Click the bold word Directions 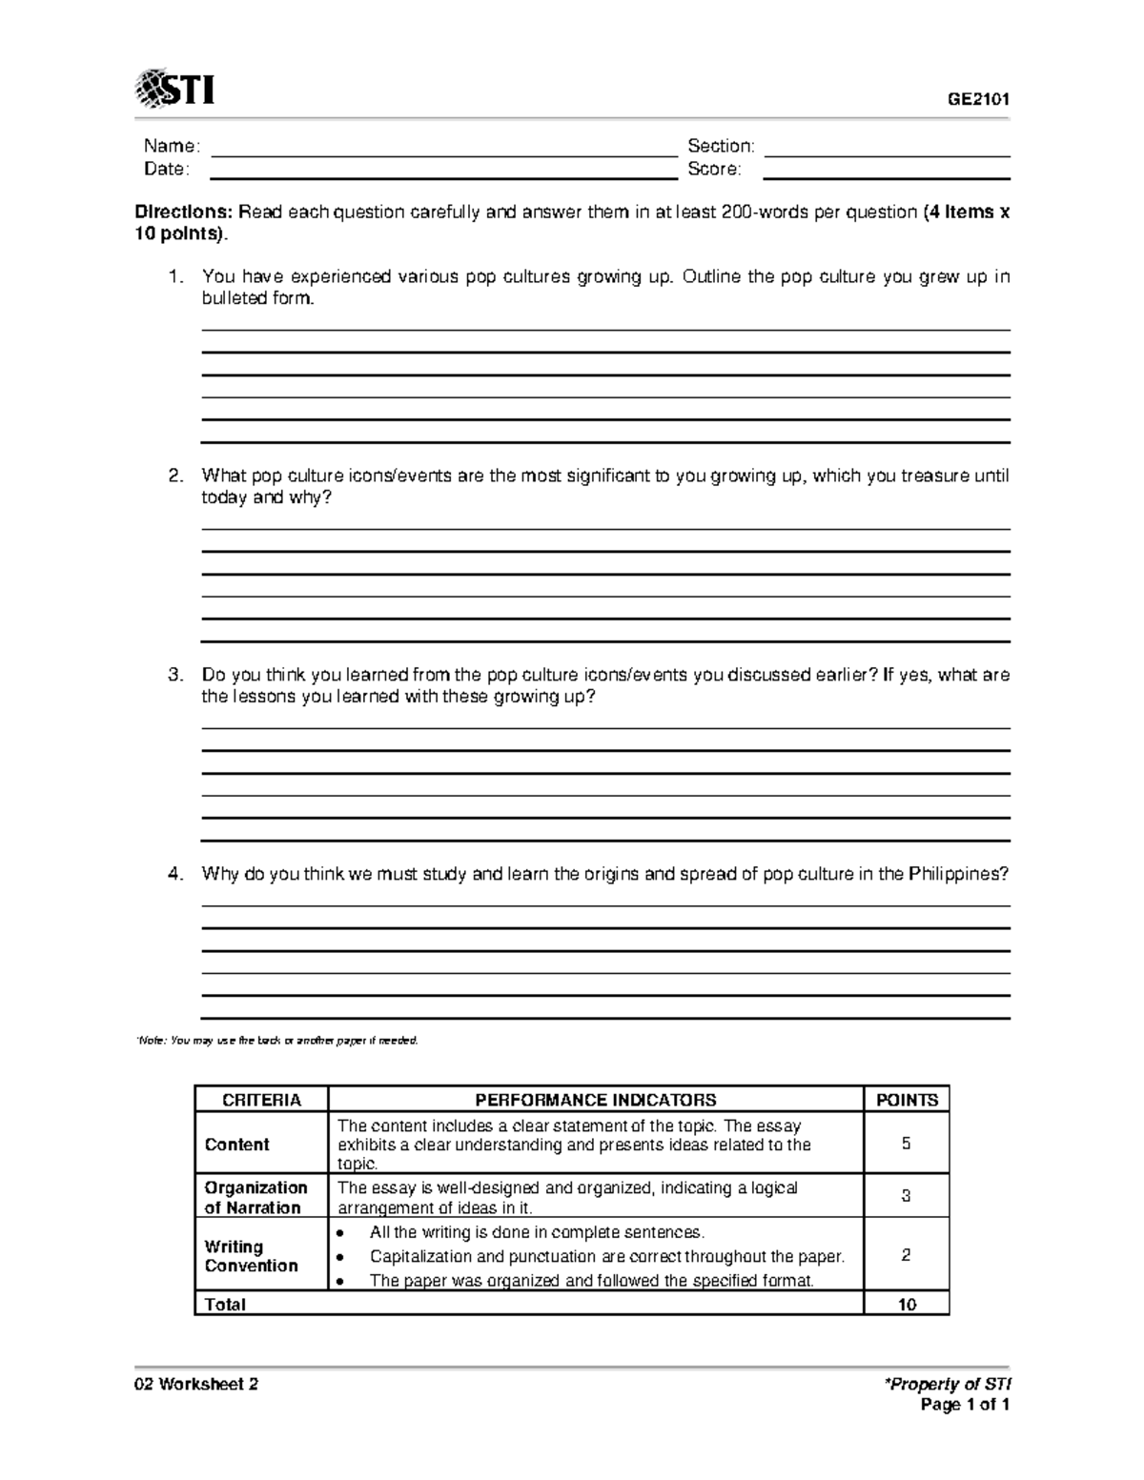click(x=183, y=212)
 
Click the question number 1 click(x=174, y=277)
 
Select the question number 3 click(x=174, y=676)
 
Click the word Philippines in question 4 click(x=957, y=874)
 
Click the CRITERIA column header click(x=261, y=1100)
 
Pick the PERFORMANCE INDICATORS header click(x=596, y=1100)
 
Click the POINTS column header click(x=907, y=1100)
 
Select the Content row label click(x=237, y=1145)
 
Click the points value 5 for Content click(x=907, y=1144)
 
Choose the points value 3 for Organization click(x=907, y=1196)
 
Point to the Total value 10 click(x=907, y=1305)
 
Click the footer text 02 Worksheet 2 click(x=196, y=1385)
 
